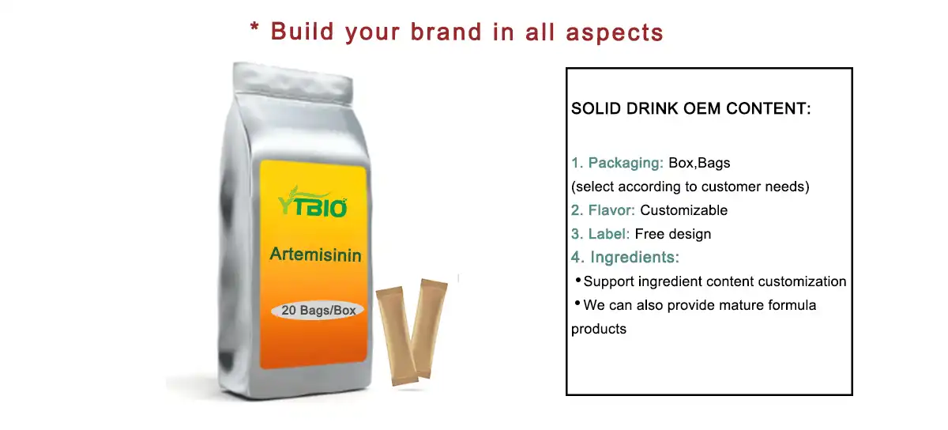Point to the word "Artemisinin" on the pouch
(315, 255)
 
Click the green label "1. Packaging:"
(617, 164)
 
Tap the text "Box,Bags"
(699, 164)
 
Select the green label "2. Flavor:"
(604, 211)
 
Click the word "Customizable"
(683, 211)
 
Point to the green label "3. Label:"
(600, 234)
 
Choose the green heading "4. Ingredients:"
(625, 258)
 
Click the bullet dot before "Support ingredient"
(577, 280)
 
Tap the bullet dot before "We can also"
(577, 304)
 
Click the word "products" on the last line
(599, 329)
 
